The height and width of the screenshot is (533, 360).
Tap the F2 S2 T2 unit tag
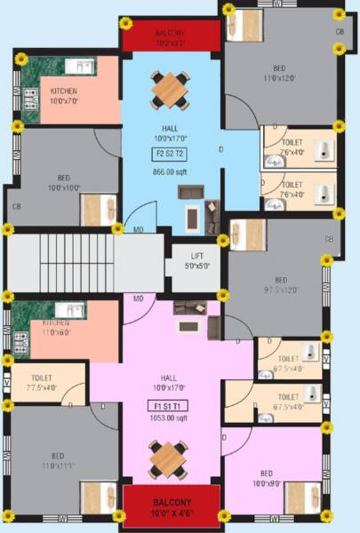(168, 153)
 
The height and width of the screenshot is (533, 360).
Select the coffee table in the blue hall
(190, 216)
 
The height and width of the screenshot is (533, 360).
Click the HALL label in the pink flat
(168, 382)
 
